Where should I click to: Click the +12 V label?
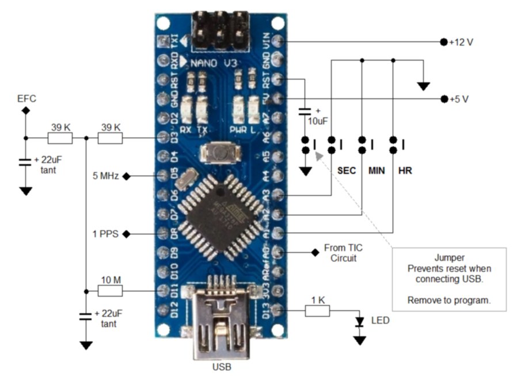pyautogui.click(x=461, y=43)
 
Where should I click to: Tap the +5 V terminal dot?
pyautogui.click(x=444, y=99)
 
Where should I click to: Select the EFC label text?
pyautogui.click(x=26, y=98)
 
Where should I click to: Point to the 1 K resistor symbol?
pyautogui.click(x=317, y=311)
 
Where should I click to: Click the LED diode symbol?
pyautogui.click(x=360, y=321)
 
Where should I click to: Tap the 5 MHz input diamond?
pyautogui.click(x=126, y=176)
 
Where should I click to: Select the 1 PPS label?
pyautogui.click(x=106, y=234)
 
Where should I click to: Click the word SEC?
pyautogui.click(x=346, y=171)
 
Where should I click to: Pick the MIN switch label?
pyautogui.click(x=377, y=171)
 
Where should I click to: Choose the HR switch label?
pyautogui.click(x=405, y=171)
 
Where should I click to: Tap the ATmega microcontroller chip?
pyautogui.click(x=217, y=215)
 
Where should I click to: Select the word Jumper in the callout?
pyautogui.click(x=449, y=258)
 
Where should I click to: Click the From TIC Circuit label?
pyautogui.click(x=343, y=253)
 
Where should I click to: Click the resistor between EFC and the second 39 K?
pyautogui.click(x=60, y=138)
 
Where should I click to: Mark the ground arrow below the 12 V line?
pyautogui.click(x=424, y=86)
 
